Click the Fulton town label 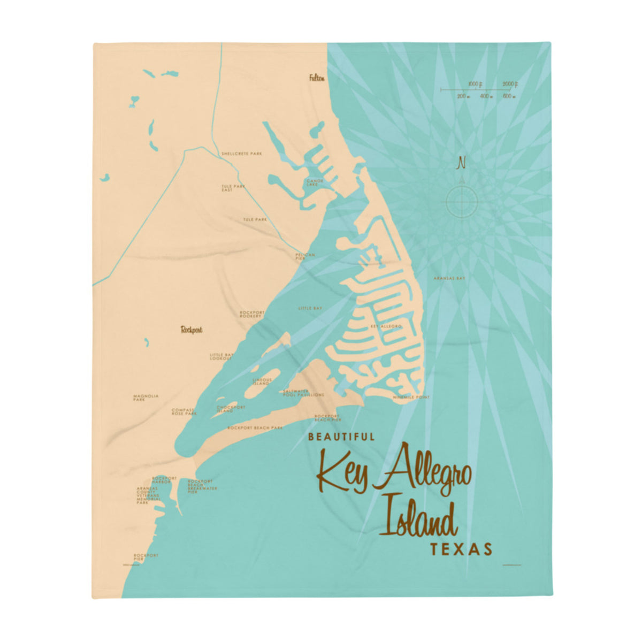click(x=317, y=78)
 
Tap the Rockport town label click(x=192, y=330)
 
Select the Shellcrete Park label click(x=242, y=154)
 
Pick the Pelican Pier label click(x=305, y=256)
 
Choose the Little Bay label click(x=310, y=309)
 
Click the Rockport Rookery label click(x=250, y=314)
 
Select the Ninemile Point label click(x=411, y=398)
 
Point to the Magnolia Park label click(x=146, y=398)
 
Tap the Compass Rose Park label click(x=184, y=412)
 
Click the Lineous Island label click(x=262, y=381)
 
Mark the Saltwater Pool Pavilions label click(x=303, y=393)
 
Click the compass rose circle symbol click(x=461, y=201)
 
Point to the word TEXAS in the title click(x=461, y=549)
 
